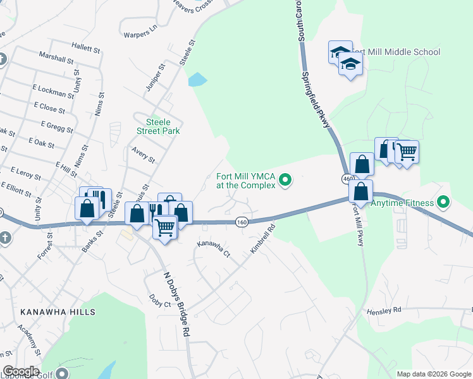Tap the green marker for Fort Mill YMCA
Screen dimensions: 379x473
tap(285, 181)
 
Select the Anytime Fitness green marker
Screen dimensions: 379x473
tap(444, 203)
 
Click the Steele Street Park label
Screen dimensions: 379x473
tap(159, 126)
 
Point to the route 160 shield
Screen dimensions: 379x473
tap(242, 222)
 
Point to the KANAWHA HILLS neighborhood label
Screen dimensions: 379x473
tap(58, 312)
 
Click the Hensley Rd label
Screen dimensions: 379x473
tap(384, 310)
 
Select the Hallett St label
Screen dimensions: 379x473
tap(86, 48)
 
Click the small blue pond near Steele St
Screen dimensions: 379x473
tap(197, 80)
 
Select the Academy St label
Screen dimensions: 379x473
tap(29, 342)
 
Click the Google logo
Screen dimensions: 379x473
tap(21, 371)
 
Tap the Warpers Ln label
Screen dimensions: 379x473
tap(140, 29)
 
